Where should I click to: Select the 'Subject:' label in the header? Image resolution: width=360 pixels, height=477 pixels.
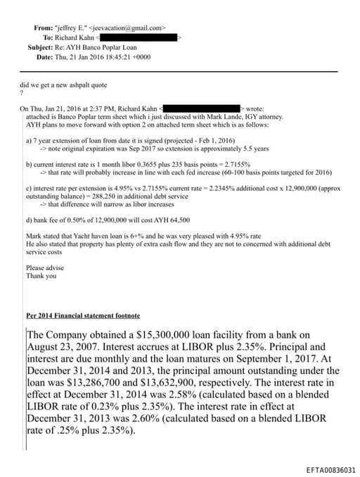coord(41,47)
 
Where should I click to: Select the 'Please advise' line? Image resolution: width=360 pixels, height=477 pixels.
coord(44,268)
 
